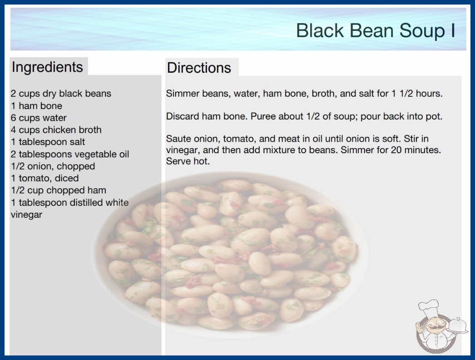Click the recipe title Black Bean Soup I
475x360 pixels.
(x=376, y=30)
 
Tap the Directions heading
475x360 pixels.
(x=199, y=68)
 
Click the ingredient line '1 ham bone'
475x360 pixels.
(x=36, y=106)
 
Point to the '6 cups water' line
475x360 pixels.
(x=39, y=118)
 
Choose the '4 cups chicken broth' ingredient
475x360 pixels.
(x=56, y=130)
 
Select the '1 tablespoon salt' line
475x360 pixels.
(x=48, y=142)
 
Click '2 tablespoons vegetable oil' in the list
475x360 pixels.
(x=70, y=154)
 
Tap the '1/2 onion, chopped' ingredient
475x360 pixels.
(x=53, y=166)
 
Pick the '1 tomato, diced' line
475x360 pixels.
(x=45, y=178)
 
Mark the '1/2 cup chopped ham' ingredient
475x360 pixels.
(x=59, y=190)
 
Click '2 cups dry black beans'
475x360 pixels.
(x=61, y=94)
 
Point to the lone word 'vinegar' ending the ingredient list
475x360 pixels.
(x=27, y=215)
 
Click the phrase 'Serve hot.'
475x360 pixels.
(x=188, y=161)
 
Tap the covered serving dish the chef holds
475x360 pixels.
(x=457, y=325)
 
